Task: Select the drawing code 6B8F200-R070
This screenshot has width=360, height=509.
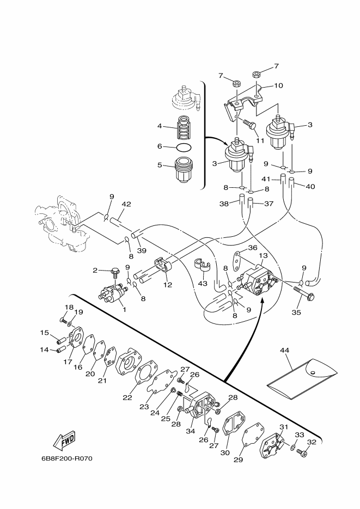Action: (67, 459)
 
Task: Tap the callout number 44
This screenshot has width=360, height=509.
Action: (284, 350)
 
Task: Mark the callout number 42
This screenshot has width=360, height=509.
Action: (126, 204)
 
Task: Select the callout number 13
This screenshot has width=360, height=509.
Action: (263, 255)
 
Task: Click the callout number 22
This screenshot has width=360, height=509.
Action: (127, 397)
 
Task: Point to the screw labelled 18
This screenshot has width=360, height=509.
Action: (64, 321)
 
